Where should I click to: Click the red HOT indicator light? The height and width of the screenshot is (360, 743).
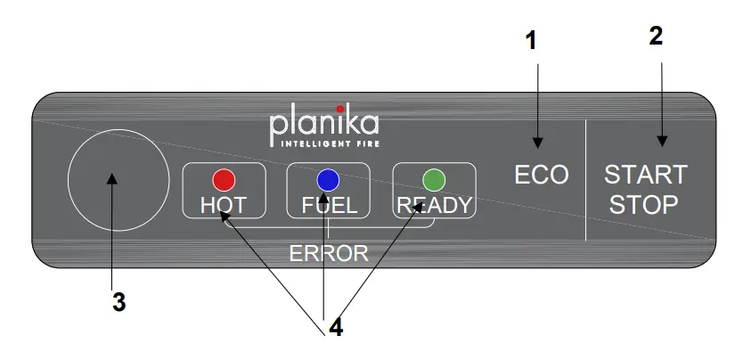tap(223, 179)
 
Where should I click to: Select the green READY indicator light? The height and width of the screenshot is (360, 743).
tap(434, 179)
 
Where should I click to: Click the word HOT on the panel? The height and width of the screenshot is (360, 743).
tap(224, 206)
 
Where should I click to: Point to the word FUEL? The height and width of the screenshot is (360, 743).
tap(330, 206)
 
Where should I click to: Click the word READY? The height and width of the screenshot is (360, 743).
tap(434, 206)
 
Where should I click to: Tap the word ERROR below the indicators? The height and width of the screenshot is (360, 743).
tap(329, 253)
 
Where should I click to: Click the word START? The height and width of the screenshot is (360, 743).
tap(646, 174)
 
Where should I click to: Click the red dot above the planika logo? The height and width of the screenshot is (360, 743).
tap(339, 109)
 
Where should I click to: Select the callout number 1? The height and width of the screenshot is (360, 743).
tap(531, 40)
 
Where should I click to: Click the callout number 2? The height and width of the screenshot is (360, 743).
tap(656, 36)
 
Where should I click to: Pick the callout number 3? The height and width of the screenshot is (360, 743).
tap(118, 302)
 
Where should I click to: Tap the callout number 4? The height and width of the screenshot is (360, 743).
tap(335, 327)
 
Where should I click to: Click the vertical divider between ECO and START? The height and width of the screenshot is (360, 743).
tap(585, 178)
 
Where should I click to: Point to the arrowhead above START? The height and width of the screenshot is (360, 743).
tap(662, 140)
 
